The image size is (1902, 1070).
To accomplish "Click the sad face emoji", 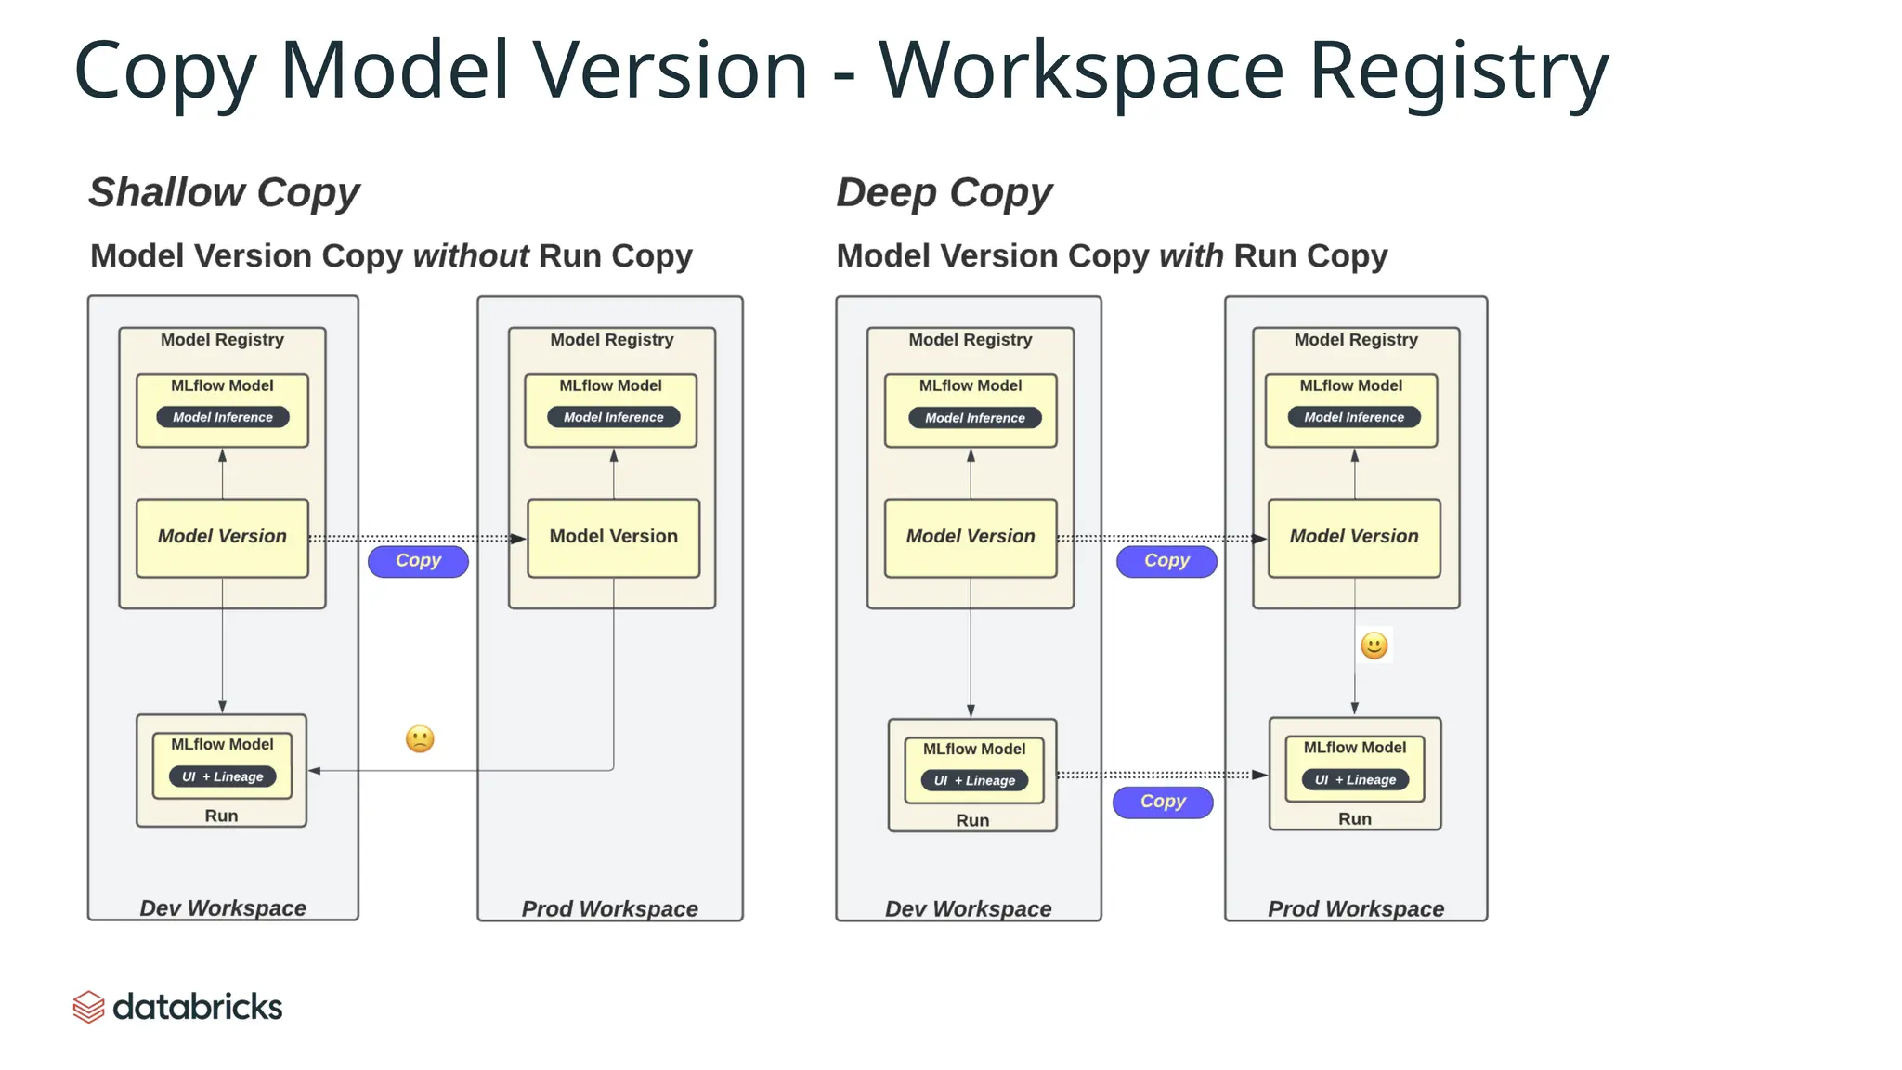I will coord(420,739).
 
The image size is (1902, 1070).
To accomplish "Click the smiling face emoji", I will coord(1374,646).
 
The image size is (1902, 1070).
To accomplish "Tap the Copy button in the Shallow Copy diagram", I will coord(418,561).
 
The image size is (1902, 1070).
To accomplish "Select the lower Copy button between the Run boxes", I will coord(1163,802).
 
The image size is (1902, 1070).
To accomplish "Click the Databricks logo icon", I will coord(88,1007).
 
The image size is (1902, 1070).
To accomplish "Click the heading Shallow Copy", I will coord(224,193).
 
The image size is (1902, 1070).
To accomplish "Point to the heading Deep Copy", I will coord(944,193).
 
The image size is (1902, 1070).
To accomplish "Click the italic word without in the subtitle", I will coord(471,256).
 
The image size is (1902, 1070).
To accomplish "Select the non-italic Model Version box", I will coord(613,538).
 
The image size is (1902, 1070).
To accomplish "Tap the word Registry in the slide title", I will coord(1458,71).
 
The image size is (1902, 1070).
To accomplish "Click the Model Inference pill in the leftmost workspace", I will coord(223,418).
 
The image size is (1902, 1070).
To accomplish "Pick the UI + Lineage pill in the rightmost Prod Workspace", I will coord(1355,780).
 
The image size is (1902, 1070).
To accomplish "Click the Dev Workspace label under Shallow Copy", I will coord(223,908).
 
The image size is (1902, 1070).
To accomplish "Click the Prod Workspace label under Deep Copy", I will coord(1356,909).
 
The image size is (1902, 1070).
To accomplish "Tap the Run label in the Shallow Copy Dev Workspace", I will coord(221,816).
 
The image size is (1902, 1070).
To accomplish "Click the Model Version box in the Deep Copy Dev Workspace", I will coord(971,538).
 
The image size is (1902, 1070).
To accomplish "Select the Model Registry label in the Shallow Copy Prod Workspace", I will coord(612,340).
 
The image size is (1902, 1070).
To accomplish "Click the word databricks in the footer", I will coord(197,1007).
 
